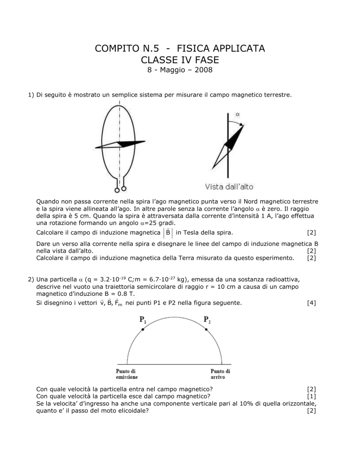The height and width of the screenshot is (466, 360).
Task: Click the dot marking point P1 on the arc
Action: point(142,329)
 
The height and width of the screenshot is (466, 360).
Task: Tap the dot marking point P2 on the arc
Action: point(205,329)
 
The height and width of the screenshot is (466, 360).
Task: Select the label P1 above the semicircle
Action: point(142,320)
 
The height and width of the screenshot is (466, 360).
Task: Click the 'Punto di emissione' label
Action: point(127,374)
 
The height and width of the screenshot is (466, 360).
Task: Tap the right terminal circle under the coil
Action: point(124,189)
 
